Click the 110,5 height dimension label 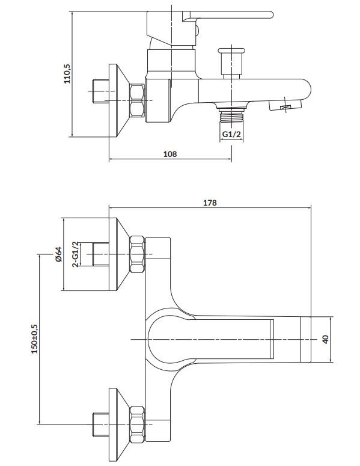[67, 74]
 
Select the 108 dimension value [170, 154]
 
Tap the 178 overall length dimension [210, 203]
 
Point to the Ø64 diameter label [58, 254]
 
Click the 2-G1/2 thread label [76, 254]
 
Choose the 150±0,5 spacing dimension [35, 339]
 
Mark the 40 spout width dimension [326, 339]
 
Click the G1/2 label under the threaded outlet [231, 134]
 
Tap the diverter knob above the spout [231, 63]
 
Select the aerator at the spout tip [285, 105]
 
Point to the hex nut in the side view [137, 100]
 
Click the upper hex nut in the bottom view [137, 254]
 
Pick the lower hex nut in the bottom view [137, 425]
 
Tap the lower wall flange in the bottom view [119, 425]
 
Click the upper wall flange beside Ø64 [119, 254]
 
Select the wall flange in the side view [119, 100]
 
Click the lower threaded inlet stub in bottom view [101, 425]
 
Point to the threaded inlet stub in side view [101, 91]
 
